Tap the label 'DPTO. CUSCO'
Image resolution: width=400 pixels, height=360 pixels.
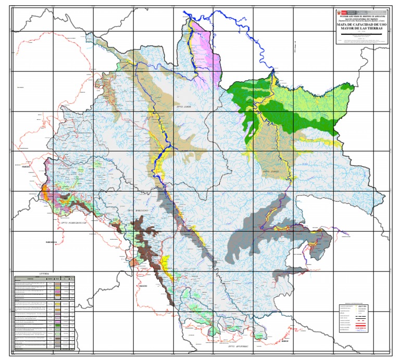coord(272,170)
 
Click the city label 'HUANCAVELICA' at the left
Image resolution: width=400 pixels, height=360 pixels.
coord(52,242)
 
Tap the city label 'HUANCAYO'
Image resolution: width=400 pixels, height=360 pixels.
coord(23,166)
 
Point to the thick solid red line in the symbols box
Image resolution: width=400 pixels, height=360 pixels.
coord(360,327)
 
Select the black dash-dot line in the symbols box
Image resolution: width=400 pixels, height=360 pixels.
coord(360,317)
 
